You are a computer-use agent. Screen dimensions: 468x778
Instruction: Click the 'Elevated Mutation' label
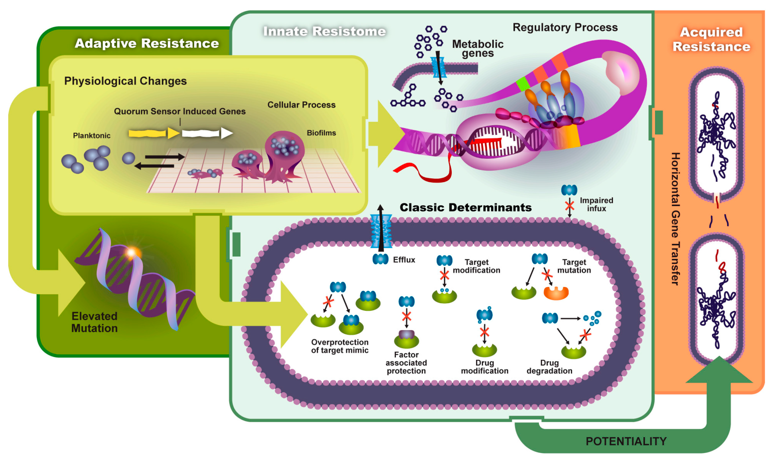point(94,322)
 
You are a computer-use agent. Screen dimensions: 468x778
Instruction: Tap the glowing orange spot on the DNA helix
point(132,252)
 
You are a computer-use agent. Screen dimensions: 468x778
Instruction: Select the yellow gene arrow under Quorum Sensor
point(153,133)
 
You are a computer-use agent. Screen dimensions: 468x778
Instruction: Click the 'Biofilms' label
point(321,133)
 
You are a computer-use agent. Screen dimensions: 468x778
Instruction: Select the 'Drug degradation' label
point(549,367)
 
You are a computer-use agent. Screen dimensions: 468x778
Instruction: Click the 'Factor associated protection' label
point(406,363)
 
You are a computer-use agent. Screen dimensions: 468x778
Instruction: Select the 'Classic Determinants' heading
point(465,208)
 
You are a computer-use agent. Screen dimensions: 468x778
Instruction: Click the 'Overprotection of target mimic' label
point(339,346)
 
